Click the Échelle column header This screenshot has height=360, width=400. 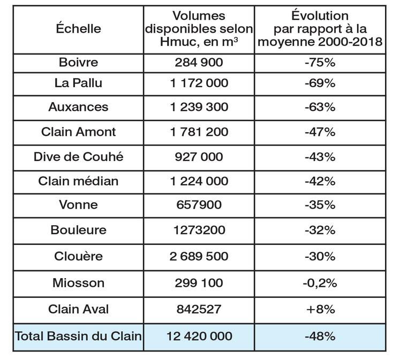[78, 29]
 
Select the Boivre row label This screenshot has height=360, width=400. [78, 62]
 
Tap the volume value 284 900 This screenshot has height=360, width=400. [199, 62]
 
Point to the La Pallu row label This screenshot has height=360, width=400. [78, 83]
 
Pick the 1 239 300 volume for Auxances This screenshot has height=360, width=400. [199, 107]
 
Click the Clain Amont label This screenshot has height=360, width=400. [78, 132]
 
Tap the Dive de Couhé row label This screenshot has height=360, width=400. [78, 157]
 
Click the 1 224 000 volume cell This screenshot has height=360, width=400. [199, 181]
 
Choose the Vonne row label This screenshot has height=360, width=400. [78, 205]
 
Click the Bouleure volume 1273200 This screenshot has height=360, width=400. [199, 230]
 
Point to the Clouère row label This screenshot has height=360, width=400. [78, 255]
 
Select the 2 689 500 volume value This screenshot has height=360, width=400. [199, 255]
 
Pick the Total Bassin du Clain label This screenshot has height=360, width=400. [78, 336]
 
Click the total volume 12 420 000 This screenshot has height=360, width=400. [199, 336]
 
